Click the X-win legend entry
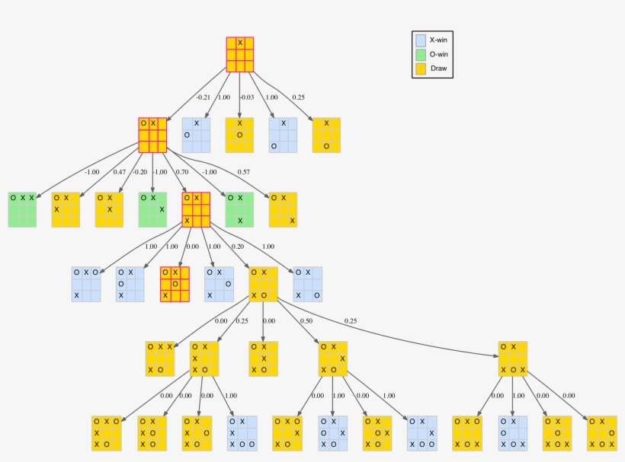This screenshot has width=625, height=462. coord(437,40)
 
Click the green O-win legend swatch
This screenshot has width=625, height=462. coord(420,55)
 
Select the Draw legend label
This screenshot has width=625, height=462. coord(439,69)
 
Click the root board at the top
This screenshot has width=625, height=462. coord(239,54)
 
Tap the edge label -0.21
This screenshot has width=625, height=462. coord(203,97)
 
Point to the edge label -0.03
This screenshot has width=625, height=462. coord(246,97)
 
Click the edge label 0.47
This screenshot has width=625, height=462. coord(120,172)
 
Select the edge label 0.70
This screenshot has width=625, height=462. coord(182,172)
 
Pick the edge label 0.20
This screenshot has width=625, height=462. coord(238,247)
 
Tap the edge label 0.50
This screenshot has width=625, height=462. coord(307,321)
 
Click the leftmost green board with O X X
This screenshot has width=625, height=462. coord(22,209)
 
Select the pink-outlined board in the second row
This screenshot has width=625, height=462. coord(152,135)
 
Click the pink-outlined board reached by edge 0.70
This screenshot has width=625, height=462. coord(196,209)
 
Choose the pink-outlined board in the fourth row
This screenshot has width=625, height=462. coord(175,284)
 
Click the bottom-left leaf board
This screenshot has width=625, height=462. coord(106,433)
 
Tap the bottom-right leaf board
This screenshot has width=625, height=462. coord(601,433)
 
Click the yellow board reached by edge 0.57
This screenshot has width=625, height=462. coord(283,209)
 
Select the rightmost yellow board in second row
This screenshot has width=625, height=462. coord(326,135)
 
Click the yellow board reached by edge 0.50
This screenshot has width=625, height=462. coord(333,358)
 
